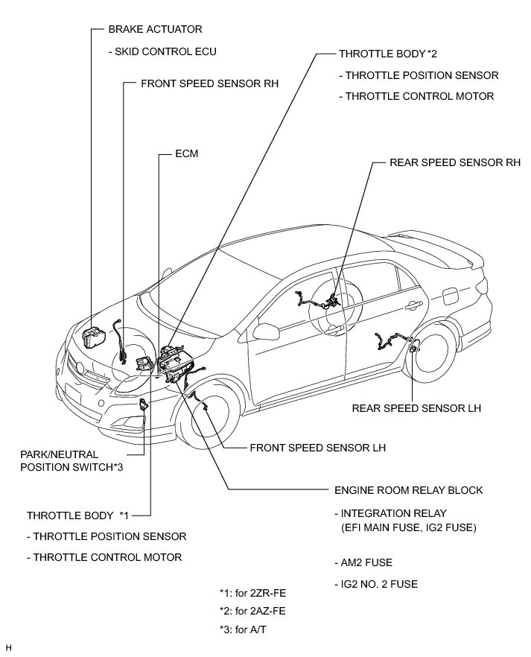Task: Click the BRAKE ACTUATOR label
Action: [155, 29]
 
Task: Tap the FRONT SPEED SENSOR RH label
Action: [209, 84]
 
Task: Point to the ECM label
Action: [186, 154]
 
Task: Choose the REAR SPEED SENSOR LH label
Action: [416, 408]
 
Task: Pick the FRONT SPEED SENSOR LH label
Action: [318, 448]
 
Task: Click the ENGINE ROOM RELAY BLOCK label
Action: [409, 490]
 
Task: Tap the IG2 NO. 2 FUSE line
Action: [375, 584]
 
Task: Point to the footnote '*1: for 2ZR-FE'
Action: [252, 594]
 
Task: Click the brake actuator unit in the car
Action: [96, 337]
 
